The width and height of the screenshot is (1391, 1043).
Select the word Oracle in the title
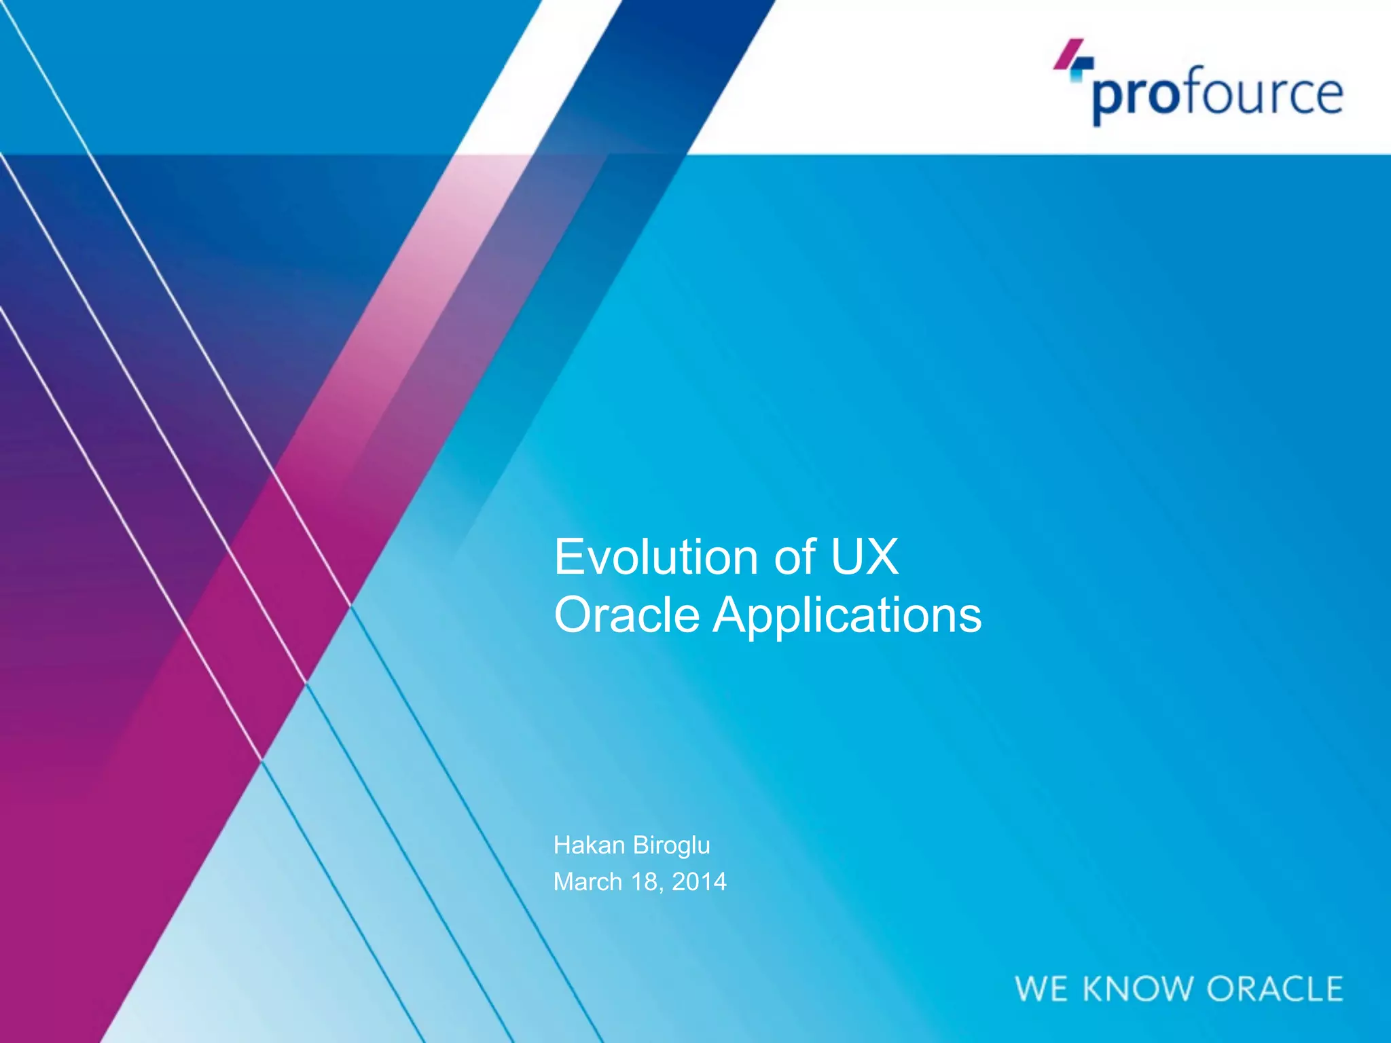[x=626, y=615]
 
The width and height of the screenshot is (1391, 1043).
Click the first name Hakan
[x=588, y=845]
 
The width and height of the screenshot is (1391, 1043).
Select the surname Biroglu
[x=671, y=846]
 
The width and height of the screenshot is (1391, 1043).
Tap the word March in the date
[x=588, y=882]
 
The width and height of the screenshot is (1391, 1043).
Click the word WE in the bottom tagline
[x=1041, y=989]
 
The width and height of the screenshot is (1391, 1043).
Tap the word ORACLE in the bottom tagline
[x=1274, y=989]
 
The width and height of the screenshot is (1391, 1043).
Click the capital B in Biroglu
[x=639, y=845]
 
